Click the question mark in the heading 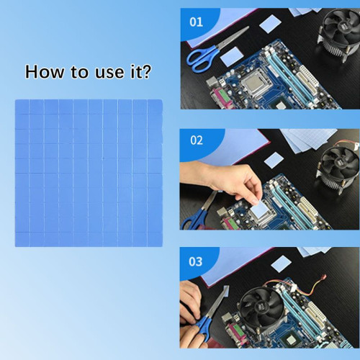(x=146, y=72)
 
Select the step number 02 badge (x=196, y=140)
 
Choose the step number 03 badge (x=196, y=261)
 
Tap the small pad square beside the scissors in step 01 (x=232, y=56)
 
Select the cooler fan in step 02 (x=339, y=164)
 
